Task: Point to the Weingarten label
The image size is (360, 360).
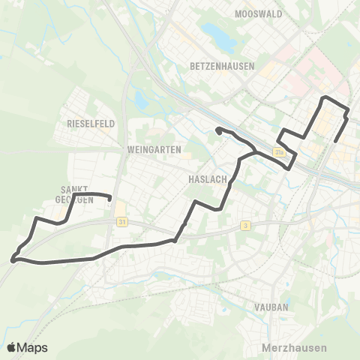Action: tap(154, 149)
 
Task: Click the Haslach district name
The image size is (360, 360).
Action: tap(202, 180)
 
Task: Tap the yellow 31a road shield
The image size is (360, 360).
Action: tap(280, 151)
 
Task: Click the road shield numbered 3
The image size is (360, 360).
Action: tap(245, 225)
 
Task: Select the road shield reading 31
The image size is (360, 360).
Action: tap(121, 222)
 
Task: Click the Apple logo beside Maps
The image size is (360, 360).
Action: tap(12, 347)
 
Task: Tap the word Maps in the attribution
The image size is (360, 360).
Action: tap(33, 347)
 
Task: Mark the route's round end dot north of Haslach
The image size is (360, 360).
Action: tap(218, 131)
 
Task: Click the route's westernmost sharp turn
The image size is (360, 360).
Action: tap(13, 260)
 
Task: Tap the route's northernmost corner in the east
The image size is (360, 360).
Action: tap(324, 97)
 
